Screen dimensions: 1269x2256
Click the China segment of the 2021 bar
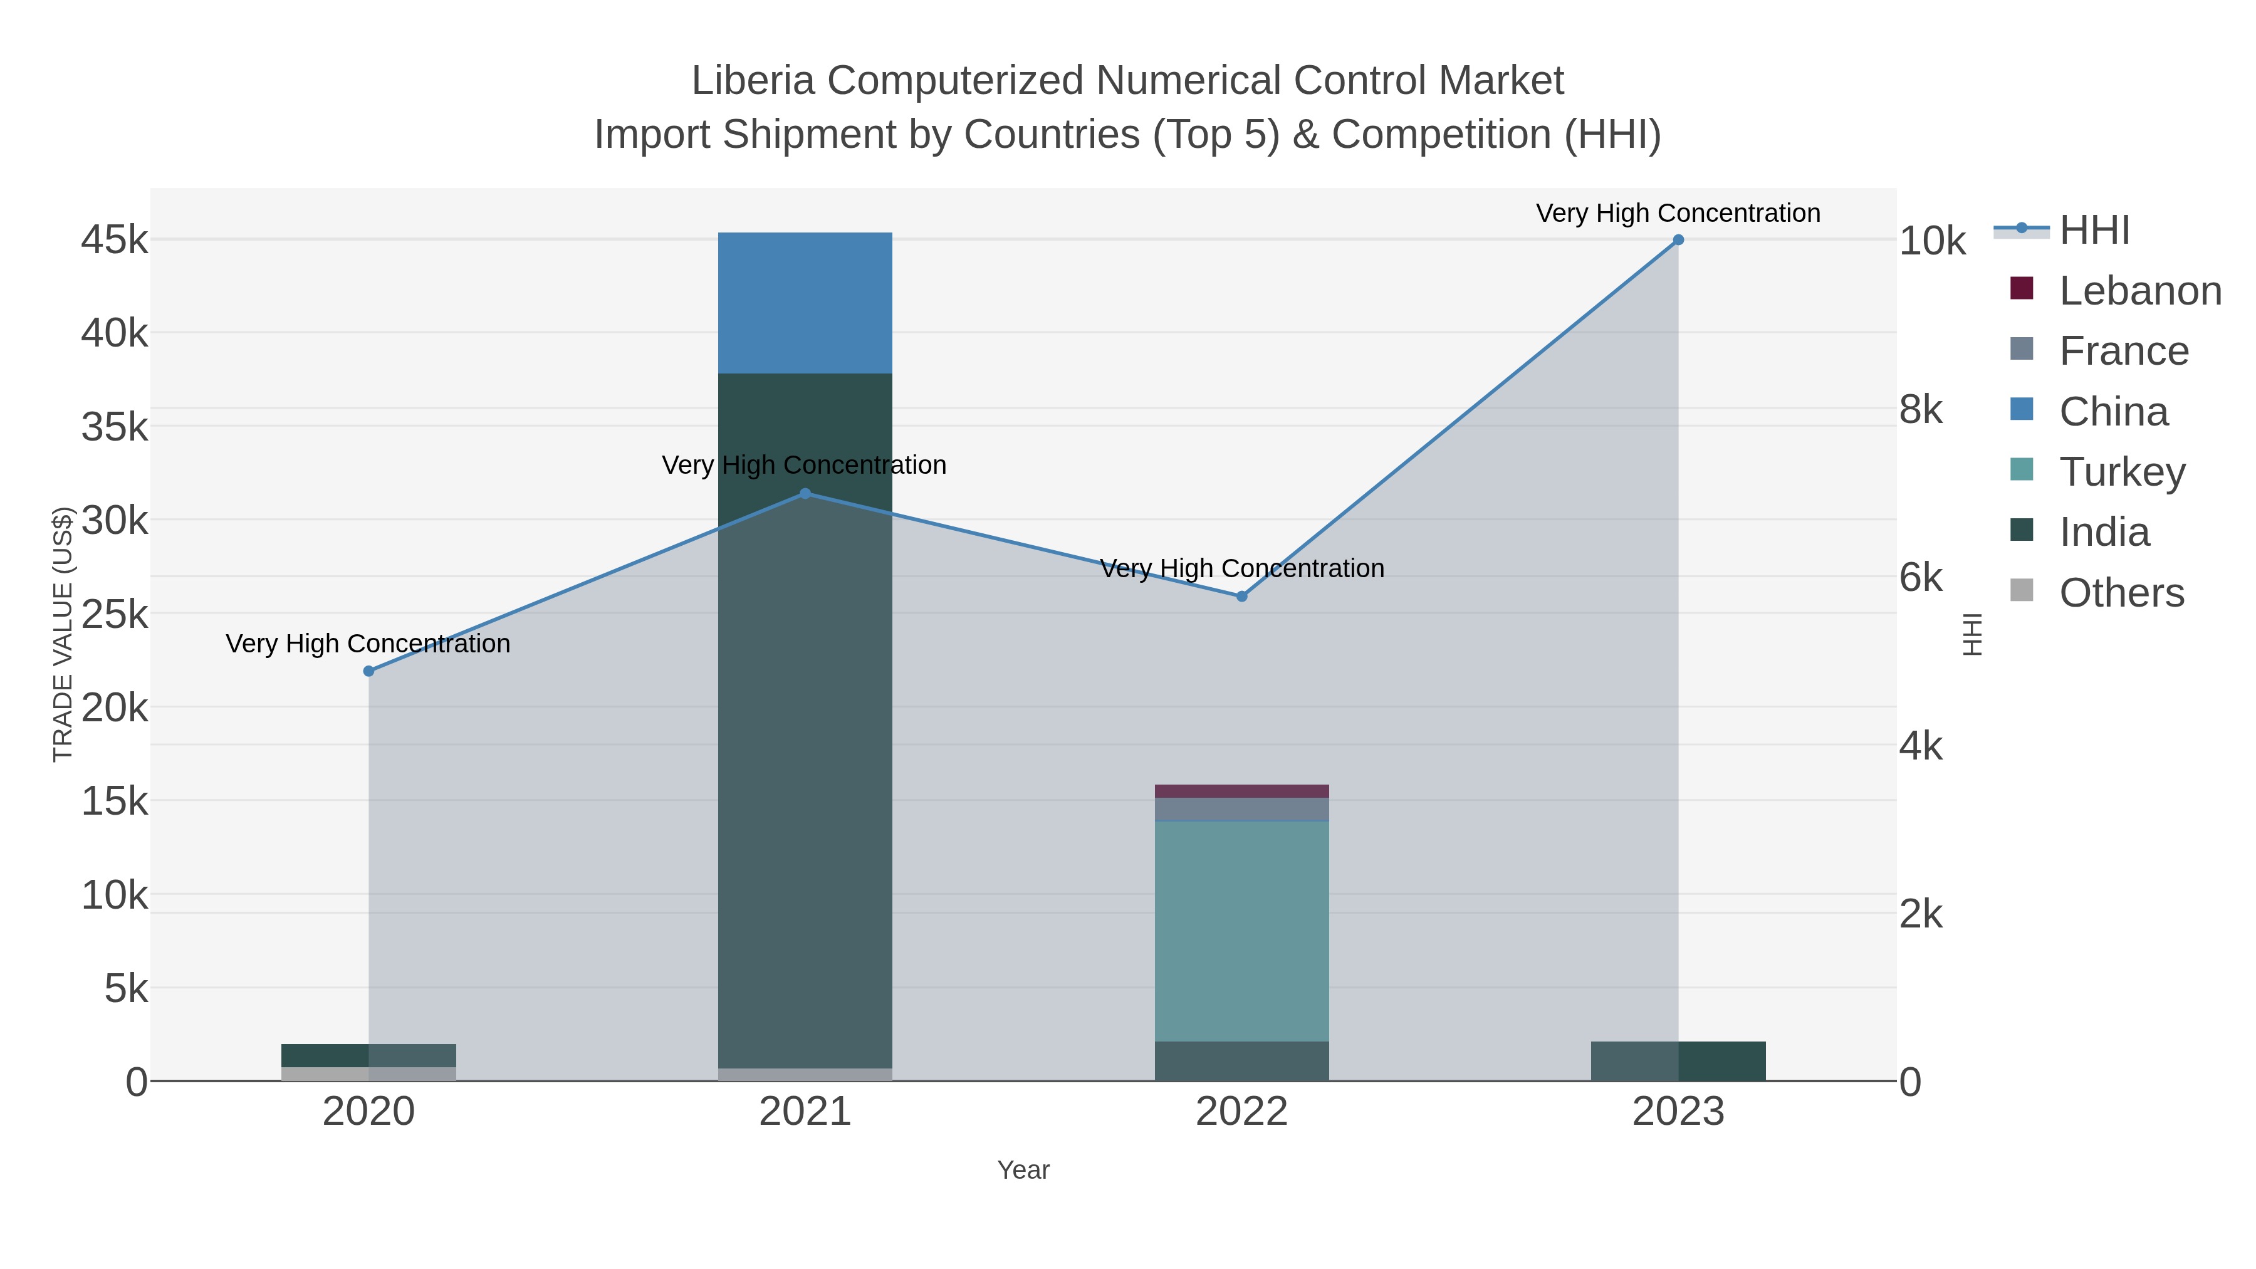click(x=805, y=303)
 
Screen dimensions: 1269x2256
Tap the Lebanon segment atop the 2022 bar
click(x=1241, y=791)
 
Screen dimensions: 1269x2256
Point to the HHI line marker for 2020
click(x=368, y=671)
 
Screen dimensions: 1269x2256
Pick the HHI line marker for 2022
click(x=1241, y=597)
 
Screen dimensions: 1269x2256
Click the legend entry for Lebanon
click(x=2139, y=291)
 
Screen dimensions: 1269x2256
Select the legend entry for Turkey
click(x=2122, y=472)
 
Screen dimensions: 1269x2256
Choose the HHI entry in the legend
click(x=2094, y=231)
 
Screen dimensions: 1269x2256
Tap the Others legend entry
click(x=2121, y=593)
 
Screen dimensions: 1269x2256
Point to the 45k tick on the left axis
click(x=115, y=240)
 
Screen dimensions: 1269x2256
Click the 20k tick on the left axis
click(x=115, y=708)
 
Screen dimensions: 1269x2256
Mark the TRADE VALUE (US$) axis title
click(x=63, y=634)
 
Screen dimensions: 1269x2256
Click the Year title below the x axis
click(x=1023, y=1170)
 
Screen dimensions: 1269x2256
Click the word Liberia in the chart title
click(x=753, y=81)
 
